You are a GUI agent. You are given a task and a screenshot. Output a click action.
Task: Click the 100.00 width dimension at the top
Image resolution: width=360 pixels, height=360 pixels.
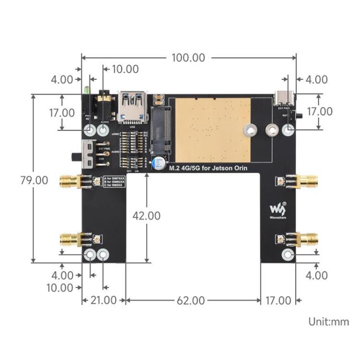tap(188, 58)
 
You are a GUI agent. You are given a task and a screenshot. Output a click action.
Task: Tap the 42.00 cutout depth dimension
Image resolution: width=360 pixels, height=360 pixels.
tap(146, 216)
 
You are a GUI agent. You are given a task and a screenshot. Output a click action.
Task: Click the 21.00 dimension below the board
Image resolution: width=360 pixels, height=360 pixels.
tap(103, 301)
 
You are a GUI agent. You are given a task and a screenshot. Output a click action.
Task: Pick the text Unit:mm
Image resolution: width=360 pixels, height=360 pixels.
tap(329, 322)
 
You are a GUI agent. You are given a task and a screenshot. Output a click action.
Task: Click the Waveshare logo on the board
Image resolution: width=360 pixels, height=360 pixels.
tap(277, 210)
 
